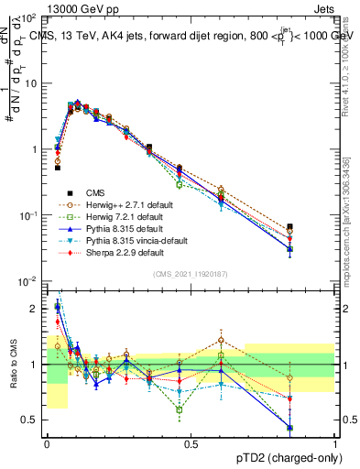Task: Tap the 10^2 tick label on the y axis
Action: tap(27, 17)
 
